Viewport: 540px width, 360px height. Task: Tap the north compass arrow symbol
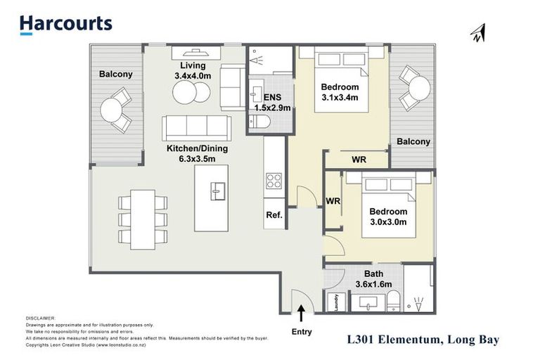(x=478, y=32)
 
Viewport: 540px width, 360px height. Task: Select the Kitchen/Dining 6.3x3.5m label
(x=195, y=154)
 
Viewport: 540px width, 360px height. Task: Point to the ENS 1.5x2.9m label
(x=271, y=103)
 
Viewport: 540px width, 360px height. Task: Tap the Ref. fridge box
(x=274, y=216)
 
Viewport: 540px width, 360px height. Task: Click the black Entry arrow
(x=301, y=310)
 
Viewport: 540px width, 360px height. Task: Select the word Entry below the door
(x=301, y=331)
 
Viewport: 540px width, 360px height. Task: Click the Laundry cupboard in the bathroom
(x=336, y=301)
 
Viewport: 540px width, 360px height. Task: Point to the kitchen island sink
(x=219, y=189)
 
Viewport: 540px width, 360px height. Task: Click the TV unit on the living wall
(x=195, y=51)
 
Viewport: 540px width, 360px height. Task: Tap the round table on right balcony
(x=420, y=88)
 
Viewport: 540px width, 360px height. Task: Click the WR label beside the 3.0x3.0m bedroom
(x=333, y=200)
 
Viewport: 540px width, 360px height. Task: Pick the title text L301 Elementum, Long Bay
(x=423, y=340)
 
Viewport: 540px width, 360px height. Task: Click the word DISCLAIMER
(x=39, y=318)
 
